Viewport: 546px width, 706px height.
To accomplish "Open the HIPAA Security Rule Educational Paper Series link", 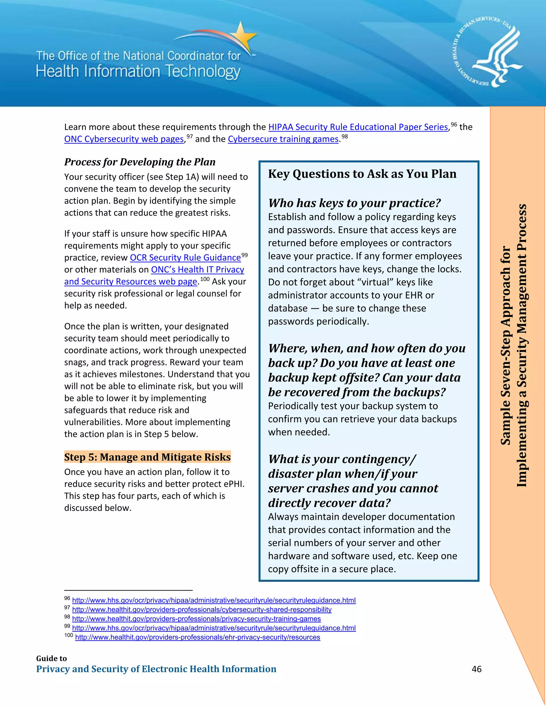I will pyautogui.click(x=358, y=127).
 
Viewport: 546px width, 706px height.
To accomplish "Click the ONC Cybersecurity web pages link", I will pyautogui.click(x=124, y=139).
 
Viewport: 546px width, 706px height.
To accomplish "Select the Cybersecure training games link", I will pyautogui.click(x=283, y=139).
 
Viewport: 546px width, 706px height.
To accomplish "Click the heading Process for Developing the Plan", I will pyautogui.click(x=140, y=162).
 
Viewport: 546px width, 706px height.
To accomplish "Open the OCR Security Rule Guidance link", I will pyautogui.click(x=185, y=258).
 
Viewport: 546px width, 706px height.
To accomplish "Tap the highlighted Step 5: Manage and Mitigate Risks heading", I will pyautogui.click(x=147, y=457).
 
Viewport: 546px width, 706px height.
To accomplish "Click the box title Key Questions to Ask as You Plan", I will pyautogui.click(x=362, y=174).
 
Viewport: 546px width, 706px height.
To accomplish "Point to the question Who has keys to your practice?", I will pyautogui.click(x=354, y=203).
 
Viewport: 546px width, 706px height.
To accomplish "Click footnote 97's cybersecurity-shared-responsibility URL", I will pyautogui.click(x=202, y=609).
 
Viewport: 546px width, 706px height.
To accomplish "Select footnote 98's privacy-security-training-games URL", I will pyautogui.click(x=196, y=619).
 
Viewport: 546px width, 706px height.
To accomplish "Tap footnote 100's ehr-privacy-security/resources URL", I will pyautogui.click(x=198, y=637).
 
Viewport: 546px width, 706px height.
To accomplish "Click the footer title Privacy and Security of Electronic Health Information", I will pyautogui.click(x=156, y=669).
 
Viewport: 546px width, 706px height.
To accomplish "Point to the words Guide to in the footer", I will pyautogui.click(x=51, y=658).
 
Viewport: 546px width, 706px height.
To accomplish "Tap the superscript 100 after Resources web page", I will pyautogui.click(x=205, y=279).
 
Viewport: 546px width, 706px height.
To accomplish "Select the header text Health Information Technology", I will pyautogui.click(x=138, y=71).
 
